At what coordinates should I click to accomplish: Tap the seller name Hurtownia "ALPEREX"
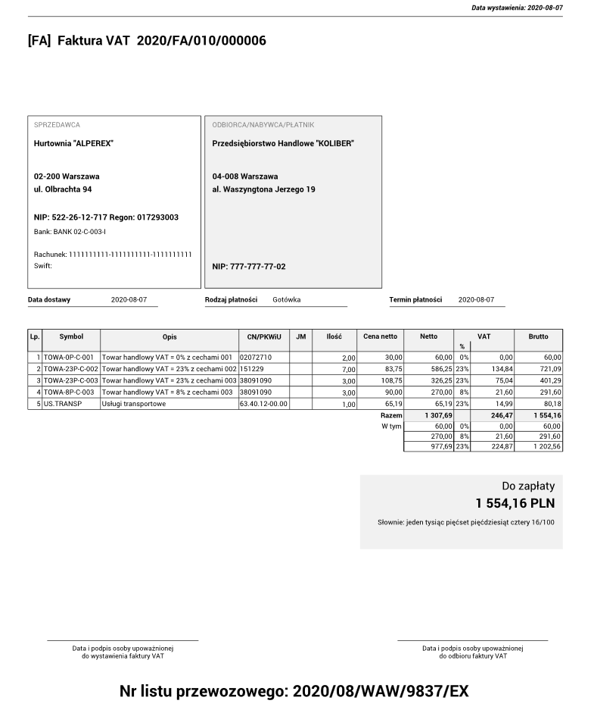pyautogui.click(x=73, y=143)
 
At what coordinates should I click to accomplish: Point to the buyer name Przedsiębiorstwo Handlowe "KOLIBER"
pyautogui.click(x=283, y=143)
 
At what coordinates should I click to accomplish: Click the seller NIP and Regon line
pyautogui.click(x=106, y=217)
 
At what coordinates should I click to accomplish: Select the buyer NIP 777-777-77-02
pyautogui.click(x=249, y=267)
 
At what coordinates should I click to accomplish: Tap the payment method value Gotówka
pyautogui.click(x=287, y=300)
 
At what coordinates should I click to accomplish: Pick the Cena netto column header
pyautogui.click(x=380, y=336)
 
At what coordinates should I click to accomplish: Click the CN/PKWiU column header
pyautogui.click(x=263, y=336)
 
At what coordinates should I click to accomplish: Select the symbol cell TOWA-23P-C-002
pyautogui.click(x=71, y=368)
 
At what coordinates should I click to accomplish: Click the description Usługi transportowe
pyautogui.click(x=135, y=404)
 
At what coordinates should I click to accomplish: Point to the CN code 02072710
pyautogui.click(x=256, y=357)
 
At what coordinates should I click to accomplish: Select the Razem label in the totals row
pyautogui.click(x=391, y=416)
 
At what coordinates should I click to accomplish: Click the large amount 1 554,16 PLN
pyautogui.click(x=515, y=503)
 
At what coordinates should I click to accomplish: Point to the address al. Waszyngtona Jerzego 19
pyautogui.click(x=263, y=189)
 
